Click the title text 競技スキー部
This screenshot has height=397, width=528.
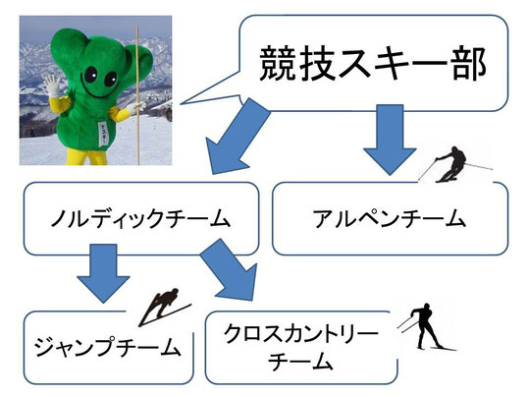coord(372,64)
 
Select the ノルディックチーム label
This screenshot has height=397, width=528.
coord(140,218)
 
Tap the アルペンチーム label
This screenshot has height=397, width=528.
coord(390,218)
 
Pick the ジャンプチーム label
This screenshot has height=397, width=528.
coord(108,347)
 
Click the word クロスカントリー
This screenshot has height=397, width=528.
coord(301,333)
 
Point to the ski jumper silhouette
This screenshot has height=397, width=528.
coord(165,307)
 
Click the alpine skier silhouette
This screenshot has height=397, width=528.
coord(454,165)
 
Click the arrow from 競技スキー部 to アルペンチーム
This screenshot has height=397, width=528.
coord(390,140)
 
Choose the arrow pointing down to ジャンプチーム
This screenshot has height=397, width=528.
coord(103,273)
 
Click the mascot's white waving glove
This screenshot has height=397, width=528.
coord(53,85)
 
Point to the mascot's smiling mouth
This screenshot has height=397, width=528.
coord(99,90)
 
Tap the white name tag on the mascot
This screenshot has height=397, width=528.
coord(103,134)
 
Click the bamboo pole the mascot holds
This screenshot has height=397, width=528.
coord(137,95)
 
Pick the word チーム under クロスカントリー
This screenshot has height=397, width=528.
coord(299,362)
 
